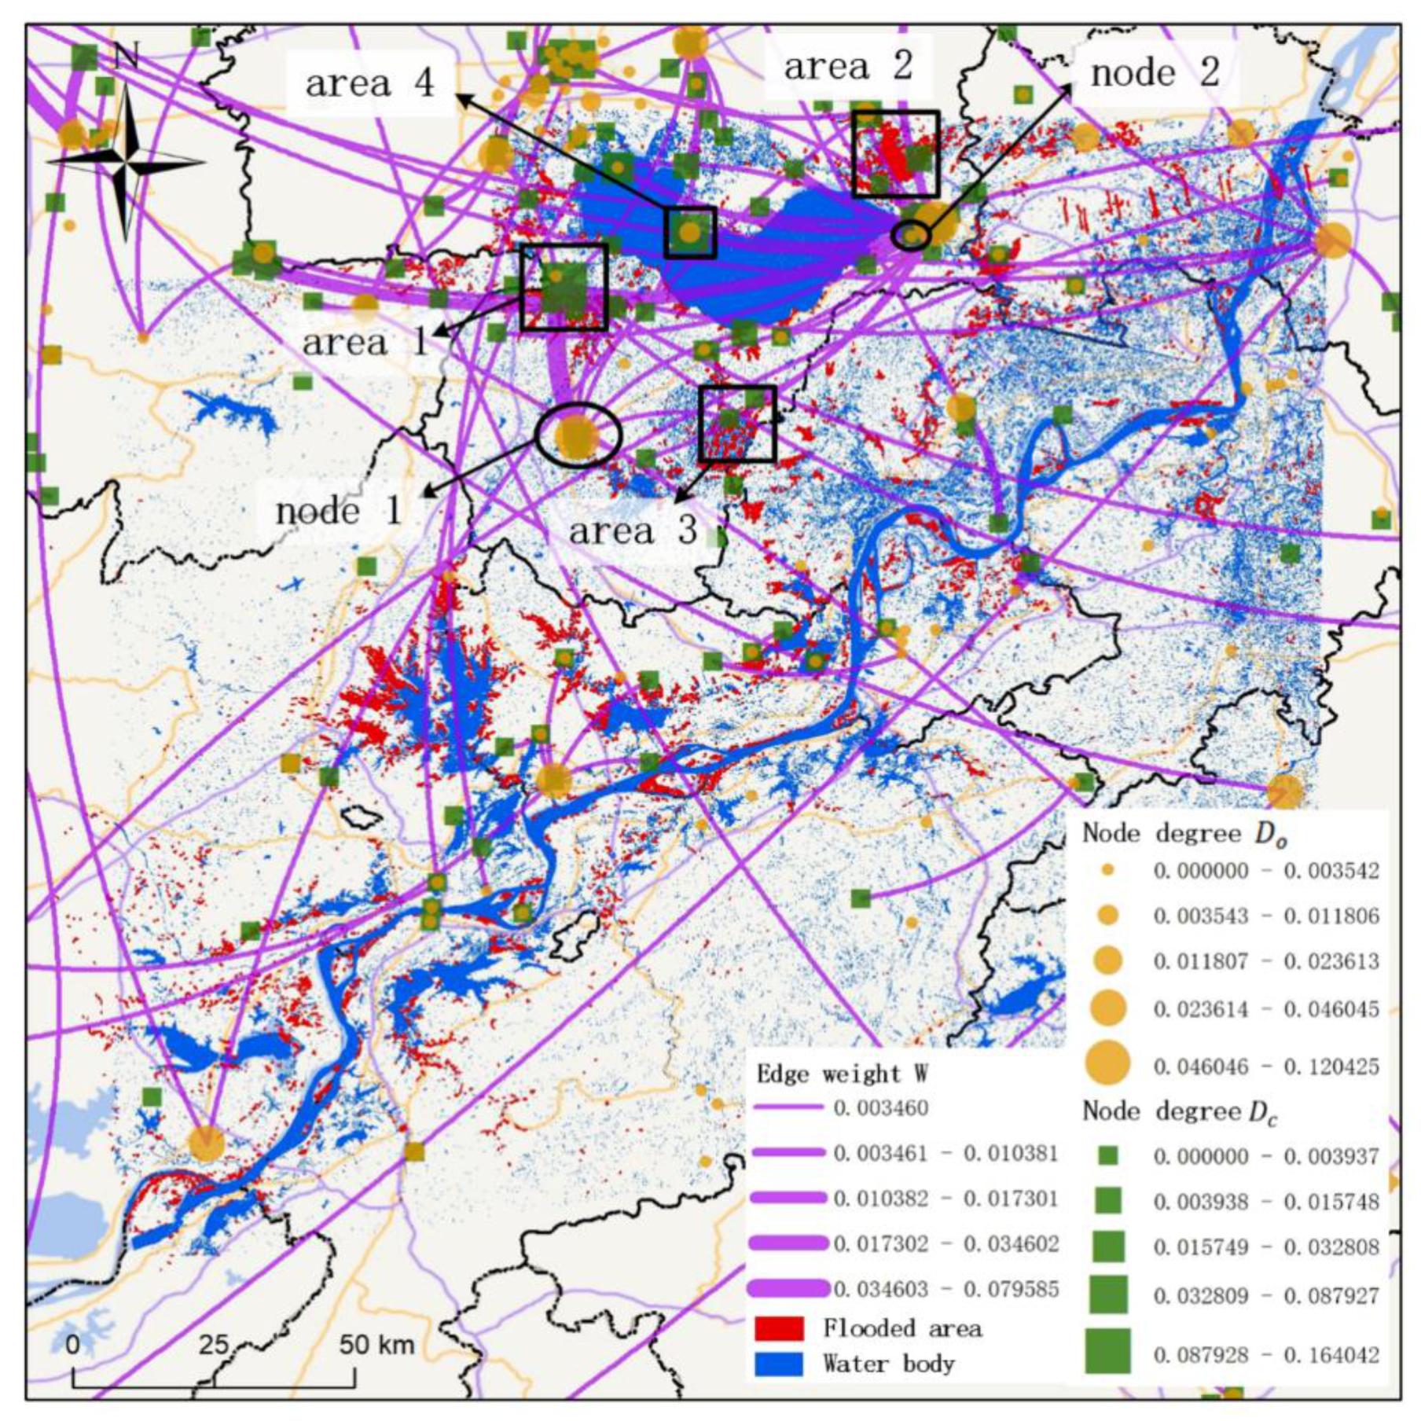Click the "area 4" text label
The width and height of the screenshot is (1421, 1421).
click(369, 83)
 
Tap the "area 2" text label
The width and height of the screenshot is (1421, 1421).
click(848, 66)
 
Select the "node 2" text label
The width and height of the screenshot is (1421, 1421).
click(1155, 73)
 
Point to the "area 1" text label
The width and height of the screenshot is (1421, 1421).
click(365, 342)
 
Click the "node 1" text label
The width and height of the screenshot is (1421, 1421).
click(339, 512)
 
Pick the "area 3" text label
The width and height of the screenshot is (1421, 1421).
click(633, 531)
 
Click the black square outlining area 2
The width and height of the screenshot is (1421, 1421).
click(896, 113)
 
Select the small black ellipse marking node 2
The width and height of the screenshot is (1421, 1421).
click(911, 234)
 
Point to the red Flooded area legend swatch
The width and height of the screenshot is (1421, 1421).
click(779, 1328)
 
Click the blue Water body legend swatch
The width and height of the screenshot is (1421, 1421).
click(779, 1364)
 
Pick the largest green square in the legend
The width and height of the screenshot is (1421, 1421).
click(1107, 1350)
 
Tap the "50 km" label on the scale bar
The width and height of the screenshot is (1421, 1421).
click(376, 1345)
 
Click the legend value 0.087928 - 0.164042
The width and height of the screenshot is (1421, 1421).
click(1265, 1355)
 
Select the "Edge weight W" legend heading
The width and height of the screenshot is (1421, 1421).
click(842, 1074)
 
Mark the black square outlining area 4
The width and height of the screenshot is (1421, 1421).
click(690, 210)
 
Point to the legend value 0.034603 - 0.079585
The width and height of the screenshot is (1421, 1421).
click(946, 1289)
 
